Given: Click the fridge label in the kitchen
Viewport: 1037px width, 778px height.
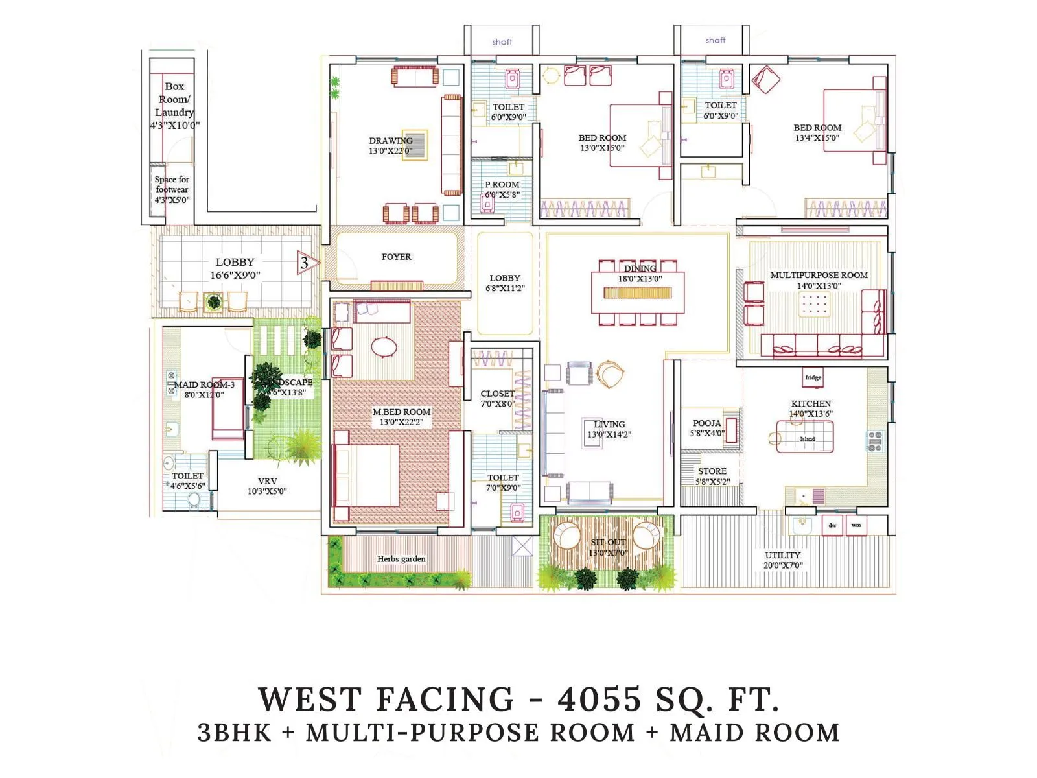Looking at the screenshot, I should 813,377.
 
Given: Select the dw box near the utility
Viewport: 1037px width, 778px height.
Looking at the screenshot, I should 832,525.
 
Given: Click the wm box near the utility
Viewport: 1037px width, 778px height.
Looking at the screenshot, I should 856,525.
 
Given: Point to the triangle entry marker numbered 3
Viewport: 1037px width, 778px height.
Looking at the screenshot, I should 307,263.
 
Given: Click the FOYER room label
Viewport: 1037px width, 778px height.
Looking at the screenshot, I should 396,257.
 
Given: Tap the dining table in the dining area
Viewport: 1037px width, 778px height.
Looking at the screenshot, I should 638,286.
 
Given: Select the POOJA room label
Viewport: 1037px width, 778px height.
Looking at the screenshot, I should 706,423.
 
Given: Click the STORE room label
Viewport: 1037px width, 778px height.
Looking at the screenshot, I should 712,471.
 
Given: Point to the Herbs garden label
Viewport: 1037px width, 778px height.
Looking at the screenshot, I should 401,559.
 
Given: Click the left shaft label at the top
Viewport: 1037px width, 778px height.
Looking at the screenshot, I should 502,42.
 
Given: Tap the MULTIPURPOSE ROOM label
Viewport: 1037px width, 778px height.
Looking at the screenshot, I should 819,275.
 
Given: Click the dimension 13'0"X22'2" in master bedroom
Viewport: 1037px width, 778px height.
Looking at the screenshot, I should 401,422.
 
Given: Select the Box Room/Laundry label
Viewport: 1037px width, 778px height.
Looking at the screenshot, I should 174,99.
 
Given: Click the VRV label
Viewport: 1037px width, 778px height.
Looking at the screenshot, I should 267,481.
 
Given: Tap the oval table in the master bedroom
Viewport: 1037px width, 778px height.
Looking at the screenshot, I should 384,347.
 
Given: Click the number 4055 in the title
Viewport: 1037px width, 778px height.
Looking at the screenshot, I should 599,700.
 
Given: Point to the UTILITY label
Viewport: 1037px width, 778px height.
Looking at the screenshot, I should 782,555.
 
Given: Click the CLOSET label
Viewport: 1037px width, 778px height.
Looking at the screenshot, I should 497,394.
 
